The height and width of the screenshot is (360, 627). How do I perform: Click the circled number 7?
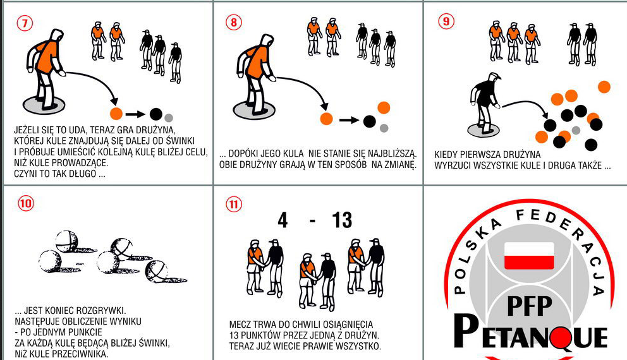click(x=25, y=23)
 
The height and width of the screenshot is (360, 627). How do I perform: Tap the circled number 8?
click(x=234, y=22)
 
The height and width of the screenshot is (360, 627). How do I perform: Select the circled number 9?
click(x=446, y=21)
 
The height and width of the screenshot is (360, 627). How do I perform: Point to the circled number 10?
click(x=25, y=203)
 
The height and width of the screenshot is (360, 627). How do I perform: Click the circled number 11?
click(x=234, y=205)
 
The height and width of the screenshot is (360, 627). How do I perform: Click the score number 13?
click(x=342, y=220)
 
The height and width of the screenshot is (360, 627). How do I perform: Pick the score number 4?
click(x=283, y=220)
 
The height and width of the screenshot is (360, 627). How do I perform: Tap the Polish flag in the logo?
click(x=529, y=255)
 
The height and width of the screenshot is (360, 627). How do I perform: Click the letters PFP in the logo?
click(x=530, y=306)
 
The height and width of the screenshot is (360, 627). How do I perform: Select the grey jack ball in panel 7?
click(x=169, y=117)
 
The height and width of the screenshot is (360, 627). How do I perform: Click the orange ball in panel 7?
click(x=116, y=114)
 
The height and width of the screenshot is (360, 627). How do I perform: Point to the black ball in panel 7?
click(x=156, y=114)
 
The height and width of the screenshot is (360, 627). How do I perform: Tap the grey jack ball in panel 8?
click(x=384, y=128)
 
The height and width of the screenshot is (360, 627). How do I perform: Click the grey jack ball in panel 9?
click(x=576, y=130)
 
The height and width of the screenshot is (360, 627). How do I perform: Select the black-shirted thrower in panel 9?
click(x=485, y=102)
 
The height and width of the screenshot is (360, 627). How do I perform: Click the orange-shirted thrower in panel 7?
click(x=45, y=69)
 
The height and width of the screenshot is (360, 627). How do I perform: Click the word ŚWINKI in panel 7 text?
click(x=181, y=141)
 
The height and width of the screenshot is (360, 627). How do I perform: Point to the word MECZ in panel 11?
click(x=239, y=325)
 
